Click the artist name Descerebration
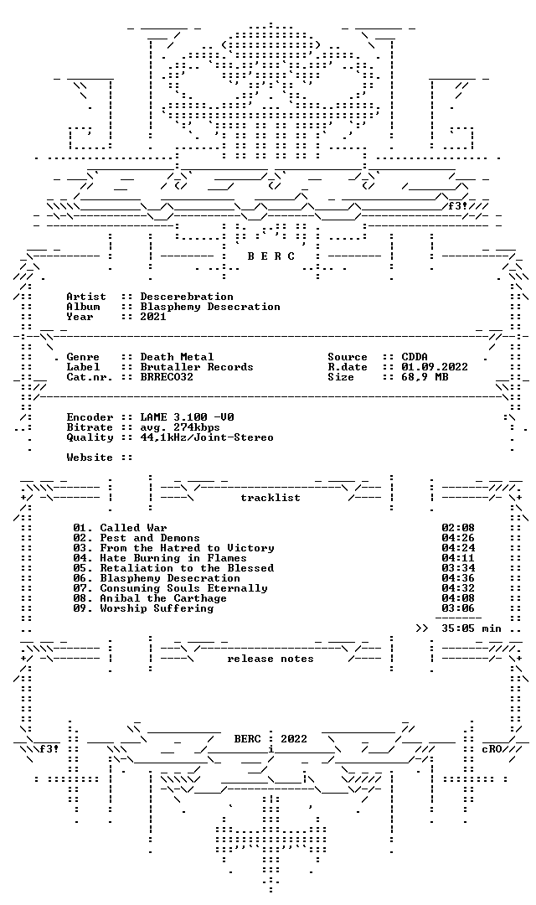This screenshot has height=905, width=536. point(187,297)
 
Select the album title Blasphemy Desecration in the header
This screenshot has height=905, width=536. point(210,307)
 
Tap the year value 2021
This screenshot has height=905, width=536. point(153,316)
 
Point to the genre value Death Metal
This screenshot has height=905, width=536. point(177,357)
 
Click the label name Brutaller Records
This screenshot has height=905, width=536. point(197,367)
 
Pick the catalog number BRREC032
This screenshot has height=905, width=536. point(167,377)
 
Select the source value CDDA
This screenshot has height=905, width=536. point(415,357)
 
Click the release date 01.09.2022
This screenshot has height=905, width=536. point(435,367)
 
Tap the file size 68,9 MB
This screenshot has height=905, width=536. point(425,377)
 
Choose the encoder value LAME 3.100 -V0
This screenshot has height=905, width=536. point(187,417)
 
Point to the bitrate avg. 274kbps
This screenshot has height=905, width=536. point(180,427)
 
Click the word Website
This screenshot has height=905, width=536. point(90,458)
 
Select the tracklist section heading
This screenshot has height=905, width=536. point(271,498)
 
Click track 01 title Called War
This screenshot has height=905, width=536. point(133,528)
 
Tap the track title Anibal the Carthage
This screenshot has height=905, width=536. point(163,598)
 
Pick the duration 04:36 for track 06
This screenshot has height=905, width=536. point(458,578)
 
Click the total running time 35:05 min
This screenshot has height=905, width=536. point(472,628)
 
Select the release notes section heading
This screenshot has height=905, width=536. point(271,659)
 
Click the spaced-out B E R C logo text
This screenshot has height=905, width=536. point(271,256)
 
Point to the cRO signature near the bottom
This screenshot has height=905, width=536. point(492,749)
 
